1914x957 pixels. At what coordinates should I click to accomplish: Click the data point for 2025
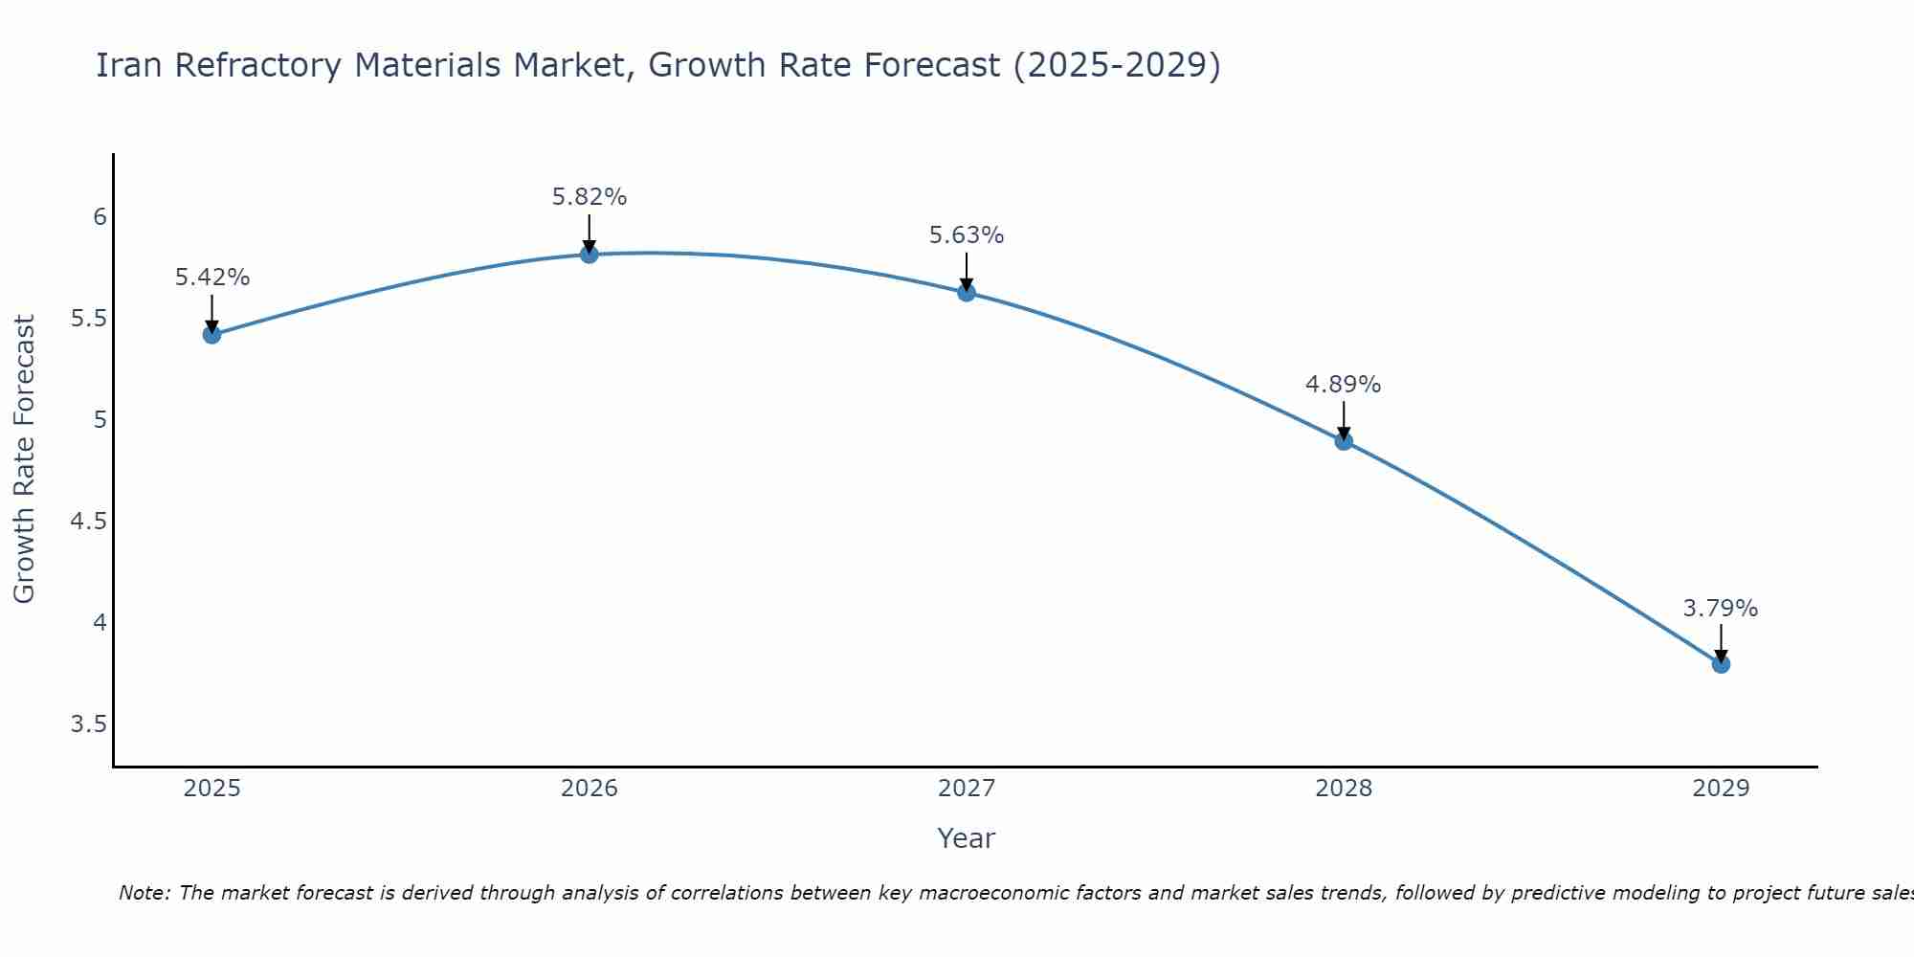211,334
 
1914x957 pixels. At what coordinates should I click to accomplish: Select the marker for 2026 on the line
589,254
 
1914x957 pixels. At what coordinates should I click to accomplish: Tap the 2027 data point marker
966,292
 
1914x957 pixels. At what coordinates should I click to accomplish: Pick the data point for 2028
1344,441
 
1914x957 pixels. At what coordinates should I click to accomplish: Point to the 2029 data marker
1721,663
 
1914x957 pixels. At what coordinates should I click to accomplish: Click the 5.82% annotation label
589,197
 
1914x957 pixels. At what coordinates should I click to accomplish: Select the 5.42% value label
211,278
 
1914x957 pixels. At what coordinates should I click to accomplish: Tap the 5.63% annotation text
966,235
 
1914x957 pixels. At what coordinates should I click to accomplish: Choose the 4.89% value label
1343,385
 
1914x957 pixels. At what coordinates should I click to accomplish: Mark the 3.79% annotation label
1720,609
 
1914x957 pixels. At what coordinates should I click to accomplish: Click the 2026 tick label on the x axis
589,789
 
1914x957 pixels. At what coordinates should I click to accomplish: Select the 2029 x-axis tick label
1721,789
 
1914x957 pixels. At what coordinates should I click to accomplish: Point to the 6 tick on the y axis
100,217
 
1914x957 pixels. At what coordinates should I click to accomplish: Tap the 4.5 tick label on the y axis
89,522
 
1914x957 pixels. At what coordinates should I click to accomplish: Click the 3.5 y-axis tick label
89,724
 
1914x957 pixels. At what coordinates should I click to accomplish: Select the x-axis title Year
966,838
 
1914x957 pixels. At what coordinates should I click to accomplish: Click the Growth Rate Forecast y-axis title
25,459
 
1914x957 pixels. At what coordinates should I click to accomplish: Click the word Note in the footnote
144,893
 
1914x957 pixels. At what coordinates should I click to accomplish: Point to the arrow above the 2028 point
1344,419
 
